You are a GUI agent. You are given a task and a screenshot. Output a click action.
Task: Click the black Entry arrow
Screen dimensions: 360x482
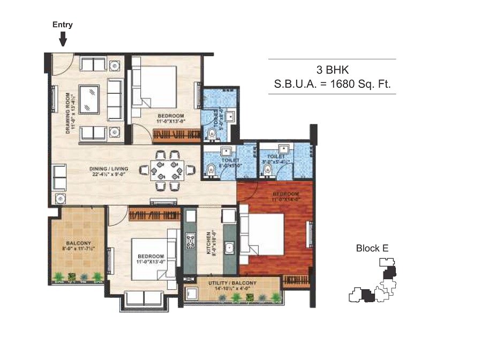[x=63, y=39]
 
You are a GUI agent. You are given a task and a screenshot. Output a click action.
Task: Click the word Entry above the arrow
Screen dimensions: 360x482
[x=62, y=25]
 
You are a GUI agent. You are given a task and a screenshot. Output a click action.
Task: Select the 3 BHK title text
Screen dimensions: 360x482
[x=332, y=69]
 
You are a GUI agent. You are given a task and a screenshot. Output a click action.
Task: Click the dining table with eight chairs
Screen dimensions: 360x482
[x=164, y=170]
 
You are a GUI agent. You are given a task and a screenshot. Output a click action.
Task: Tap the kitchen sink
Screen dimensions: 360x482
[x=229, y=247]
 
